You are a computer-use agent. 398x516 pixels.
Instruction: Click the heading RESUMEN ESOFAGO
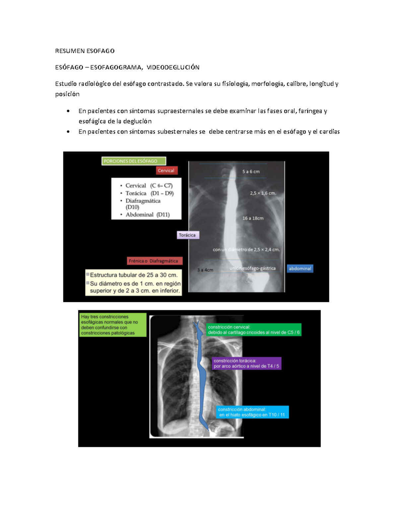point(85,51)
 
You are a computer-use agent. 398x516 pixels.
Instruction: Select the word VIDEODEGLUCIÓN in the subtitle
point(173,67)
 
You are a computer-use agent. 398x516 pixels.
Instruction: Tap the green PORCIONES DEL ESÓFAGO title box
point(134,161)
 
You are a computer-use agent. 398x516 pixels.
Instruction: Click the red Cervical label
point(166,170)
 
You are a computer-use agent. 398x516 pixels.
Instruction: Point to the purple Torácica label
point(188,235)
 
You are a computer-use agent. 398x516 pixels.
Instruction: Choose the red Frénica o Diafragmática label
point(155,261)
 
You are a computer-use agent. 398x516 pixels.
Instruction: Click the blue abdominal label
point(300,268)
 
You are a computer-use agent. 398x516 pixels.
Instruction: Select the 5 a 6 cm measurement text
point(251,171)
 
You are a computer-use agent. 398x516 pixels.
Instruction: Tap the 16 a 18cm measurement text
point(253,218)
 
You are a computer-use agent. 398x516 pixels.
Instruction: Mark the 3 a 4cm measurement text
point(205,270)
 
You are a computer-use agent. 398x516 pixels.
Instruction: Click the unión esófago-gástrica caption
point(252,268)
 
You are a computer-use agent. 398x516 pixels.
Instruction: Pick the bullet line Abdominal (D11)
point(145,215)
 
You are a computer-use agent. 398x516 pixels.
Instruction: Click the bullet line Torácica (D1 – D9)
point(147,193)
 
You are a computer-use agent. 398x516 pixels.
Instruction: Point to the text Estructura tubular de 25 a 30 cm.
point(134,275)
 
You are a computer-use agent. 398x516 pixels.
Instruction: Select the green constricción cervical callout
point(254,330)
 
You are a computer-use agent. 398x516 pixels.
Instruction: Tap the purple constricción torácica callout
point(246,363)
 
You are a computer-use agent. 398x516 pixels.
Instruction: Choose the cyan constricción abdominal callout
point(252,412)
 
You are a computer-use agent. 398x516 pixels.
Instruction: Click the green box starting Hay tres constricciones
point(113,325)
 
